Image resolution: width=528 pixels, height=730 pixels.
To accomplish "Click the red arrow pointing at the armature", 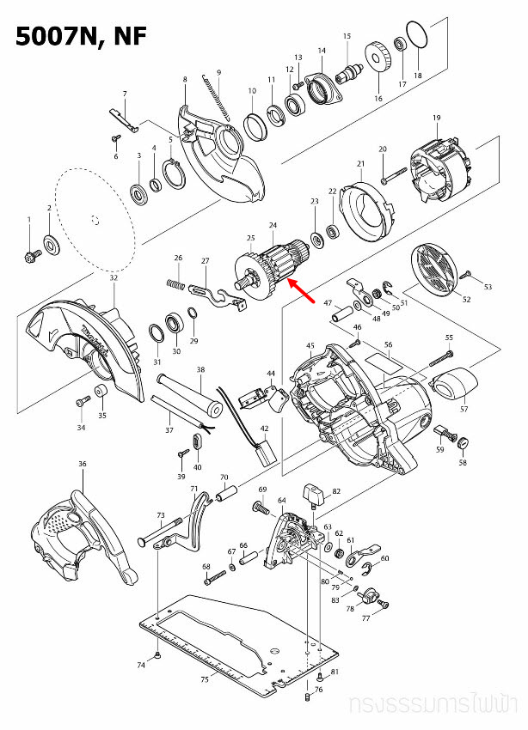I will tap(300, 292).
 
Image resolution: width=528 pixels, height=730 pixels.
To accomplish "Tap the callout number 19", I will tap(436, 117).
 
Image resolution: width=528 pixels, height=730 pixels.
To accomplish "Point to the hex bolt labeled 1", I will tap(30, 254).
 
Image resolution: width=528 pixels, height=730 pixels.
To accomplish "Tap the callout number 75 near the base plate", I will tap(204, 679).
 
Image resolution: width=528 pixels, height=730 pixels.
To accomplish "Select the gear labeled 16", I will tap(377, 57).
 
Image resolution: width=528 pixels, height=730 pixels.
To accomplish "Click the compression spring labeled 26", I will tap(176, 283).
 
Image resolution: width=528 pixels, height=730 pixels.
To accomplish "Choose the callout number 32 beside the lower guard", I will tap(114, 277).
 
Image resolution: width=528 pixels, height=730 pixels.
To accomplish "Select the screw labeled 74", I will tap(160, 656).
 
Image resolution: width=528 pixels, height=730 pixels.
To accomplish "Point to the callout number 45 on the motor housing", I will tap(310, 345).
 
